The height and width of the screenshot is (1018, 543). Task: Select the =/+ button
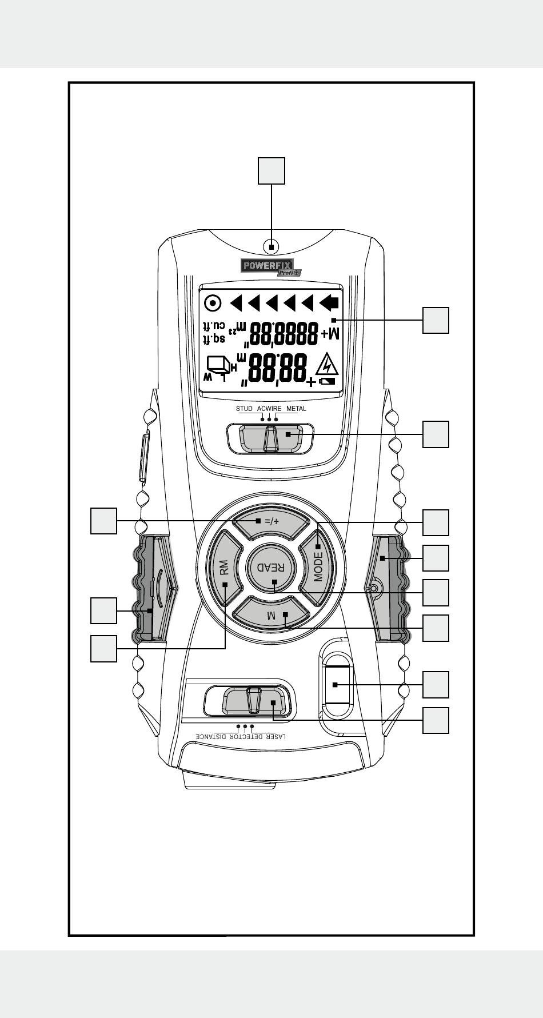(x=271, y=521)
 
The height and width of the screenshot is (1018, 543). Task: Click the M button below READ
(x=272, y=615)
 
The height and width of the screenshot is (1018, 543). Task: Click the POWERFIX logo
(x=267, y=266)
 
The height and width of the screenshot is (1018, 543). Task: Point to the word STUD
(x=244, y=409)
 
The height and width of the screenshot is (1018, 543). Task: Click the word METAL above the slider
(x=296, y=409)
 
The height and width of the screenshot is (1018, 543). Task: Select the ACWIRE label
(x=269, y=409)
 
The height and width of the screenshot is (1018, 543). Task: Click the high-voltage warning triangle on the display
(x=327, y=364)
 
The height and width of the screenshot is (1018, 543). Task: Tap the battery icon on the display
(x=328, y=381)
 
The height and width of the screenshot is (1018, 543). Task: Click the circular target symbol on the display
(x=213, y=302)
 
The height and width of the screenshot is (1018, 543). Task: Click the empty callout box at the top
(x=271, y=170)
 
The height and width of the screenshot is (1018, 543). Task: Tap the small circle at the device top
(x=271, y=247)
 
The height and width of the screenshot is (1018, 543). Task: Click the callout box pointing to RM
(x=103, y=649)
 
